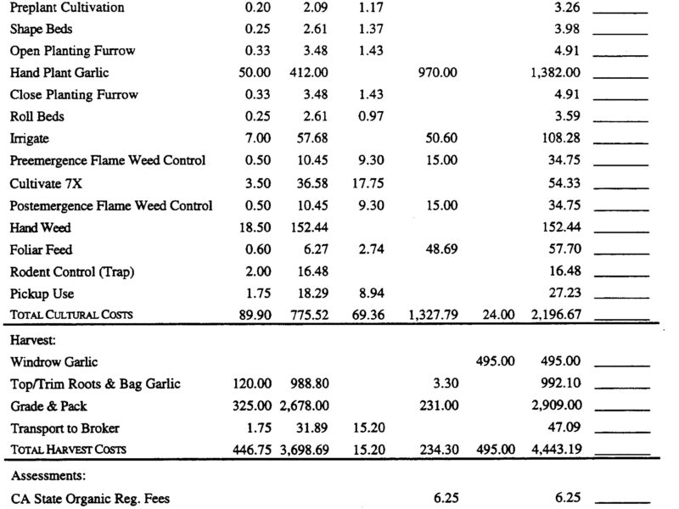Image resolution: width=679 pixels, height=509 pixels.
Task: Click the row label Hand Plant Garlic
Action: coord(59,73)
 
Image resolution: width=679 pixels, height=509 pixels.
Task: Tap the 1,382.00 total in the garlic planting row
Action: coord(555,73)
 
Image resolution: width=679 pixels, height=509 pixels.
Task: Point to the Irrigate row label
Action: coord(31,138)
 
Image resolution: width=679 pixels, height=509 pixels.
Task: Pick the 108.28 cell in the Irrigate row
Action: coord(562,138)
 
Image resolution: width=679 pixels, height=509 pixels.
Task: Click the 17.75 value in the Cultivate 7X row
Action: coord(368,183)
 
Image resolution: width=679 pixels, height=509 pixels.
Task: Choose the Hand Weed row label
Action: coord(41,227)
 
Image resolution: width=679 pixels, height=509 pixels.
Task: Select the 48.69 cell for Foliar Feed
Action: coord(439,249)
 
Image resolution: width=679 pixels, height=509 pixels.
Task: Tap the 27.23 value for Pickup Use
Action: coord(564,294)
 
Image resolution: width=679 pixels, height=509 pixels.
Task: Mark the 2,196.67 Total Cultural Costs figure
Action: coord(555,316)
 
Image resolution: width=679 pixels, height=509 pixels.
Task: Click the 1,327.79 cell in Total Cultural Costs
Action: coord(433,316)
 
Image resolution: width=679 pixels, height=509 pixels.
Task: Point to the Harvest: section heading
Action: coord(34,339)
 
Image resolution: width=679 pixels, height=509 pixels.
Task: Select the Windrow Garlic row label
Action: coord(55,361)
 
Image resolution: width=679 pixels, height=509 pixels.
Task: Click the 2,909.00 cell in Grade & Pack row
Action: coord(555,406)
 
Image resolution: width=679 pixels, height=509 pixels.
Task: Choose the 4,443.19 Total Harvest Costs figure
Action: coord(555,450)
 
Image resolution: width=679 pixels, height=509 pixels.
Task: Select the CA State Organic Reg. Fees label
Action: coord(90,499)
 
